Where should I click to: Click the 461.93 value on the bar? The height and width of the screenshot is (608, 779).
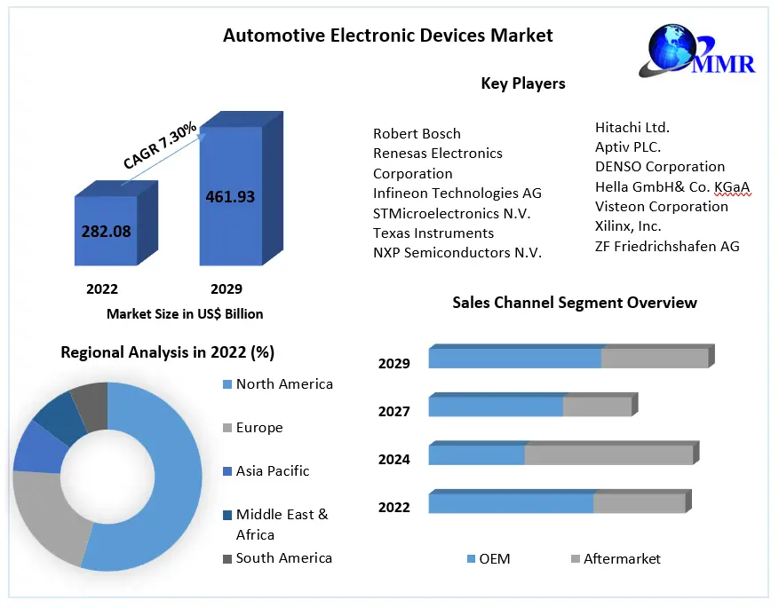(x=229, y=196)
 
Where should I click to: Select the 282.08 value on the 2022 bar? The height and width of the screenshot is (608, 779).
(x=106, y=231)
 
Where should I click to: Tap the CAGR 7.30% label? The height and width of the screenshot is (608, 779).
(x=160, y=147)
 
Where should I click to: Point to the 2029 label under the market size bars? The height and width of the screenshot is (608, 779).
(x=226, y=289)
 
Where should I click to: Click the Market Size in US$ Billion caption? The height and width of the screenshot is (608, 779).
(x=185, y=313)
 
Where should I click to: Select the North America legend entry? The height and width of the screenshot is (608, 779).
(x=284, y=384)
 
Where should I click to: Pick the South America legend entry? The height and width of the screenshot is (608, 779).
(x=283, y=558)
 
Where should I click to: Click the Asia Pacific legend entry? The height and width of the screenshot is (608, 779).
(x=273, y=471)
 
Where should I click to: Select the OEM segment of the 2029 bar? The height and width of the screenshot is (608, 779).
(x=514, y=358)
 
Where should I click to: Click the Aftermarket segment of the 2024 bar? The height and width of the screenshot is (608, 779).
(x=608, y=454)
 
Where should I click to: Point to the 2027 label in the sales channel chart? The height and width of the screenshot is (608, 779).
(x=393, y=412)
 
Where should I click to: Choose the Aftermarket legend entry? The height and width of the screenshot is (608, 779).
(x=622, y=559)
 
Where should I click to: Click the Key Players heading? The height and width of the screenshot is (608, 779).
(x=522, y=84)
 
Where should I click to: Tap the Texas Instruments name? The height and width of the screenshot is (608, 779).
(x=433, y=233)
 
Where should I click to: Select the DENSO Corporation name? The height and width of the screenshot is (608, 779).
(x=659, y=167)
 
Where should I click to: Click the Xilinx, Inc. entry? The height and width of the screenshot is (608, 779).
(x=628, y=226)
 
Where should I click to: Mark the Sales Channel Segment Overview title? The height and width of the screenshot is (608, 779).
(x=574, y=303)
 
